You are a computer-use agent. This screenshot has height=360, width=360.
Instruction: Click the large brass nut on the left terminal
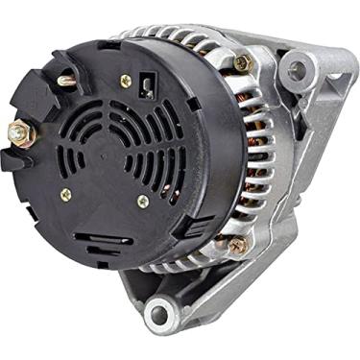[x=20, y=133]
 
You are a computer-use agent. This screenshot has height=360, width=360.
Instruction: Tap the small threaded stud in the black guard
[x=66, y=82]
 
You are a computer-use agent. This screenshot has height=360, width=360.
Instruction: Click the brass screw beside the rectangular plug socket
[x=125, y=82]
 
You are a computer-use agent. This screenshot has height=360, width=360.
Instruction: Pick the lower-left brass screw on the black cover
[x=65, y=194]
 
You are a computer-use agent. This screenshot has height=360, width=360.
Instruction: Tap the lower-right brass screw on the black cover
[x=143, y=202]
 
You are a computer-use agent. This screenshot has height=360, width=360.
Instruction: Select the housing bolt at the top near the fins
[x=241, y=62]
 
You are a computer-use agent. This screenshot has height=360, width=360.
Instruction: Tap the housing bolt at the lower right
[x=235, y=245]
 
